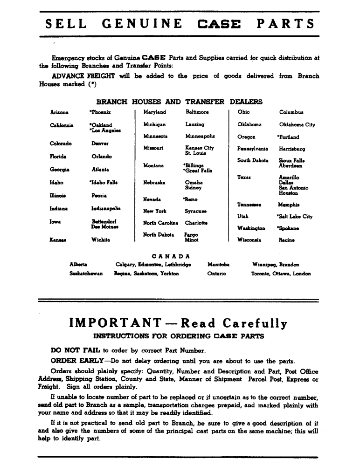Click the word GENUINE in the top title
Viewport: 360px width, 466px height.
pos(142,24)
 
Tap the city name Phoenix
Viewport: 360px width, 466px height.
pos(100,112)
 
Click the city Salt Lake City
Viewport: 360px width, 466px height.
pos(295,217)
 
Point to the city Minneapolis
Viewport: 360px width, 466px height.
pos(200,136)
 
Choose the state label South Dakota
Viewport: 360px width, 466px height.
pos(253,161)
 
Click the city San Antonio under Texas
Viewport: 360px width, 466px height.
pos(293,188)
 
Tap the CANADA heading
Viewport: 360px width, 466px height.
pos(171,256)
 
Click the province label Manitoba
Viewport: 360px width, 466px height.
pos(218,265)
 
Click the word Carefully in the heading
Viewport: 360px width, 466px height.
pos(255,323)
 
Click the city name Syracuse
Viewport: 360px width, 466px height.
pos(196,211)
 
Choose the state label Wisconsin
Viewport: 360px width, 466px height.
pos(249,240)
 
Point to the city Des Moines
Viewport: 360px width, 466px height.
pos(104,227)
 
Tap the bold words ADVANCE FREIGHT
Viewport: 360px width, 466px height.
pos(81,76)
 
